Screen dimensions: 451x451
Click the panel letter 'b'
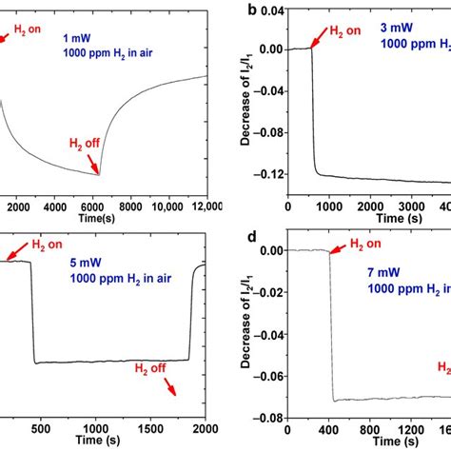click(x=250, y=10)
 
